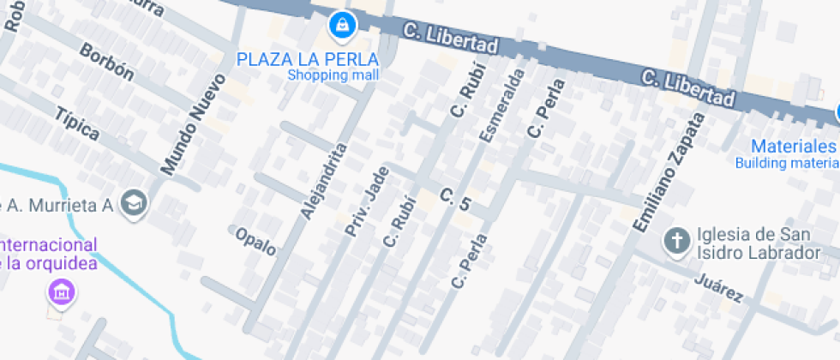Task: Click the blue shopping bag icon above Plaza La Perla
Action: pyautogui.click(x=342, y=25)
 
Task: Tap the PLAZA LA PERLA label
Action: pyautogui.click(x=308, y=59)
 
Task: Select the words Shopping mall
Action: pyautogui.click(x=333, y=75)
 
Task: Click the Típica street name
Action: pyautogui.click(x=77, y=123)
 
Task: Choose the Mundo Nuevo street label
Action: pyautogui.click(x=194, y=123)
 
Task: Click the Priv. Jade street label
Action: pyautogui.click(x=367, y=202)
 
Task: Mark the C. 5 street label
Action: pyautogui.click(x=456, y=201)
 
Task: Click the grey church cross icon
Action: pyautogui.click(x=677, y=241)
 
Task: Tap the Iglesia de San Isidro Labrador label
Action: pyautogui.click(x=753, y=244)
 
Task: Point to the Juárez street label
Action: pyautogui.click(x=717, y=288)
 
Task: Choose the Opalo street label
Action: pyautogui.click(x=255, y=241)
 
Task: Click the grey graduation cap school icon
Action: pyautogui.click(x=135, y=203)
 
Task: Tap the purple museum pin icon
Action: pyautogui.click(x=61, y=291)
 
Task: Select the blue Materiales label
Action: pyautogui.click(x=793, y=146)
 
